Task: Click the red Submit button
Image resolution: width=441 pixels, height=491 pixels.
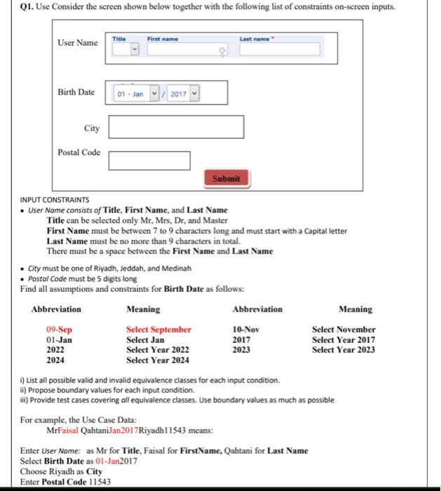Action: tap(226, 178)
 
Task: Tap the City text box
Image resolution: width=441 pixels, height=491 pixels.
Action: tap(176, 127)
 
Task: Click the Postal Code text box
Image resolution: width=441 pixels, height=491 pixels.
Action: tap(149, 161)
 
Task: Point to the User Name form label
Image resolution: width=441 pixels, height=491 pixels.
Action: tap(77, 43)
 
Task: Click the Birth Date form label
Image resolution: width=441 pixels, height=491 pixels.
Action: tap(76, 93)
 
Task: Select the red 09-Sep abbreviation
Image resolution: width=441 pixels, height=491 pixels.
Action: tap(59, 330)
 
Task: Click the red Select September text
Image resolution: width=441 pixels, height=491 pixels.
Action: tap(158, 330)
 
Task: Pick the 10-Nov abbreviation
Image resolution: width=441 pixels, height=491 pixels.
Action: tap(245, 330)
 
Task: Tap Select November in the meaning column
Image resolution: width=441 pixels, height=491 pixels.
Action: tap(344, 330)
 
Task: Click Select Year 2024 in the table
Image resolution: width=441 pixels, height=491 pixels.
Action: tap(157, 361)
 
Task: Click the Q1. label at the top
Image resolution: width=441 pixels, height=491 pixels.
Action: tap(13, 7)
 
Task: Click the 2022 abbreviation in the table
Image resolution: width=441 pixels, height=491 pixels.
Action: tap(55, 350)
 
